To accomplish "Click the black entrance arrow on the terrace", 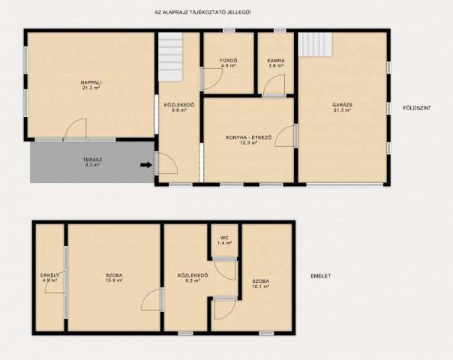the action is click(146, 165).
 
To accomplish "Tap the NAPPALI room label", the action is click(91, 82).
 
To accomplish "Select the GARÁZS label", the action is click(342, 105).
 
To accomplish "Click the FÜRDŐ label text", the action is click(229, 61).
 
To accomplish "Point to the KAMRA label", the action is click(276, 61).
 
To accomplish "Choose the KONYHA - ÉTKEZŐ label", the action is click(249, 137).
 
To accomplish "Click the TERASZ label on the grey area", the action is click(92, 160).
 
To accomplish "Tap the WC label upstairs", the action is click(224, 238).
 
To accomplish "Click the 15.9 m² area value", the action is click(114, 280).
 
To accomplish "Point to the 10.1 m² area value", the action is click(261, 286).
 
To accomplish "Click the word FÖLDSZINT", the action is click(417, 108).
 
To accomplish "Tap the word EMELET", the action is click(321, 276).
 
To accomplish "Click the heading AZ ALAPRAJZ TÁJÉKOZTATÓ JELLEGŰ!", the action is click(202, 13).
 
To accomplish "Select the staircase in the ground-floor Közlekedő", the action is click(170, 57).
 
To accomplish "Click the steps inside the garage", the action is click(315, 44).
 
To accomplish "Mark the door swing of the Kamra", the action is click(274, 85).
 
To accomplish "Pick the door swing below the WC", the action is click(225, 270).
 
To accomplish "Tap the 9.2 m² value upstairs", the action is click(193, 280).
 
